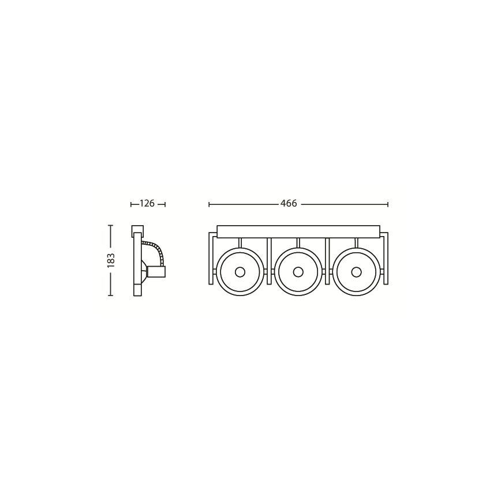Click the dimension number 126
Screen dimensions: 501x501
click(x=147, y=204)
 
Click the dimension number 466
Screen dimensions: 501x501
click(x=289, y=204)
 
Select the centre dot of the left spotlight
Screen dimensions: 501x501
click(x=240, y=272)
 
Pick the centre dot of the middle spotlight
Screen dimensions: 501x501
click(x=298, y=272)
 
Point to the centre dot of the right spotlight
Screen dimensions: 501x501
click(x=357, y=272)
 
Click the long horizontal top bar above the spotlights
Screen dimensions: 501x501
click(x=298, y=231)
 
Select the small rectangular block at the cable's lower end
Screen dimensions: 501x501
click(x=156, y=272)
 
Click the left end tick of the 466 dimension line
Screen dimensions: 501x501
click(x=209, y=204)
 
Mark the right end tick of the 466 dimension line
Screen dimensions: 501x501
click(x=388, y=204)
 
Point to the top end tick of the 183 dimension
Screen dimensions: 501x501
click(x=110, y=226)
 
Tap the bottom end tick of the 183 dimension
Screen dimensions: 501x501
click(x=110, y=296)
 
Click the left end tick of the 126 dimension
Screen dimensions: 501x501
click(x=132, y=204)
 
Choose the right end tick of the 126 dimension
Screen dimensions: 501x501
click(x=165, y=204)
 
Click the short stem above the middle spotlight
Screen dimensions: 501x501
click(x=298, y=242)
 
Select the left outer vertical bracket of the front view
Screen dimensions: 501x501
click(x=211, y=260)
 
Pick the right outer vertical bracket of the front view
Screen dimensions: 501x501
click(x=386, y=260)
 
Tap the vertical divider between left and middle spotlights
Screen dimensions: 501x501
click(x=269, y=260)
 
